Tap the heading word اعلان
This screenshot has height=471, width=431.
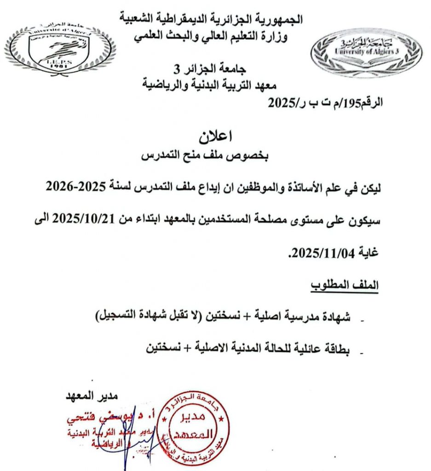click(x=215, y=136)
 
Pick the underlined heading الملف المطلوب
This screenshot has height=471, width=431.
click(x=343, y=285)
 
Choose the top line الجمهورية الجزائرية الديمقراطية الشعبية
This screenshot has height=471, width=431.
click(x=211, y=19)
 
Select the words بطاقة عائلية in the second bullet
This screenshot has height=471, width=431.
click(x=322, y=349)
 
